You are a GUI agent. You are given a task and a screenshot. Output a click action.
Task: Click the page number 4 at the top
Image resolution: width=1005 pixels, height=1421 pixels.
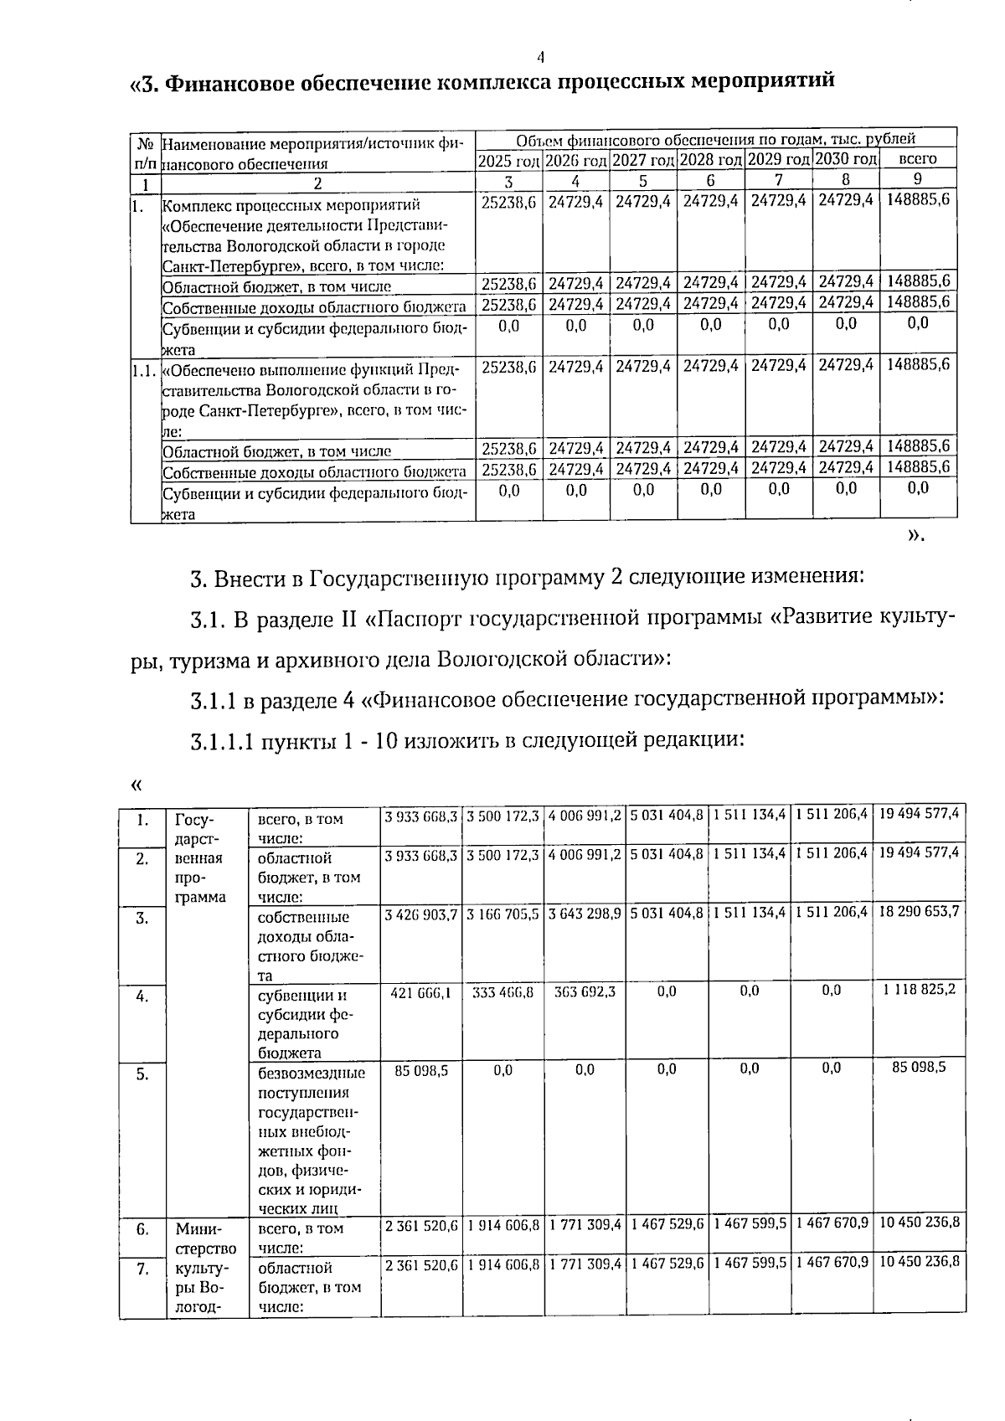point(541,57)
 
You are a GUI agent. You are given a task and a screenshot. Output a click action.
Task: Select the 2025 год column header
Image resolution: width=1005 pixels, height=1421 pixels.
point(509,159)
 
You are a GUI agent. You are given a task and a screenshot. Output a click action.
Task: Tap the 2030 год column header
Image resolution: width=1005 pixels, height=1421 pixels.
point(846,159)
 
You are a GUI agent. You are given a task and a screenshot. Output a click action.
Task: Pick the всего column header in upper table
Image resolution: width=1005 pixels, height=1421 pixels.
point(917,158)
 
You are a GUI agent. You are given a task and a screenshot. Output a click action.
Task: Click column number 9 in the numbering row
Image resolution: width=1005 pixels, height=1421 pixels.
point(917,179)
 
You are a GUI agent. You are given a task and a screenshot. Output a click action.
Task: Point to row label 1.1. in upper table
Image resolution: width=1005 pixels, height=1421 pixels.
point(144,368)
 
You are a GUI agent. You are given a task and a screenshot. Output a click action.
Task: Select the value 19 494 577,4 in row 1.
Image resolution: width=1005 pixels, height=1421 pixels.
point(918,813)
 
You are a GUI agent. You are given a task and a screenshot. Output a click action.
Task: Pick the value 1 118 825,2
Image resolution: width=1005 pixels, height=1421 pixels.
point(919,990)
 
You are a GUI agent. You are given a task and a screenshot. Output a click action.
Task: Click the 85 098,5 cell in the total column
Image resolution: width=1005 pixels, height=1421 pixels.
point(919,1068)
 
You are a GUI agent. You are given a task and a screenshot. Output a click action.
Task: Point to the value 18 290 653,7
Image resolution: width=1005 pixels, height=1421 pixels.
point(919,911)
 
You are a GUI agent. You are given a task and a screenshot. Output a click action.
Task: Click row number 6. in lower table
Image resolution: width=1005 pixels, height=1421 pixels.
point(143,1229)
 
